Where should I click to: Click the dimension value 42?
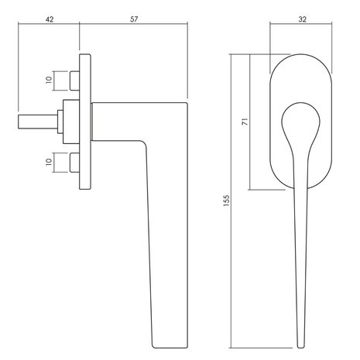pyautogui.click(x=50, y=19)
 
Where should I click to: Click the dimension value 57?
pyautogui.click(x=134, y=19)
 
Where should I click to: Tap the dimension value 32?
pyautogui.click(x=302, y=19)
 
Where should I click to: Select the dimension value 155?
pyautogui.click(x=226, y=201)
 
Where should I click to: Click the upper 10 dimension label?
pyautogui.click(x=49, y=80)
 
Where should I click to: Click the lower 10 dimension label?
pyautogui.click(x=49, y=162)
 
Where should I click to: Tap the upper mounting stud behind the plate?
pyautogui.click(x=74, y=81)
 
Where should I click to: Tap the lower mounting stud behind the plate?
pyautogui.click(x=74, y=163)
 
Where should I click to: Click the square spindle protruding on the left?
pyautogui.click(x=38, y=122)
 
